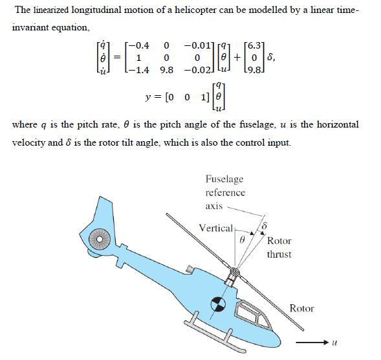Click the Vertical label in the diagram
[216, 228]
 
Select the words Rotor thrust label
[279, 247]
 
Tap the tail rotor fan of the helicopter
[100, 240]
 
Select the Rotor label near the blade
[301, 308]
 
